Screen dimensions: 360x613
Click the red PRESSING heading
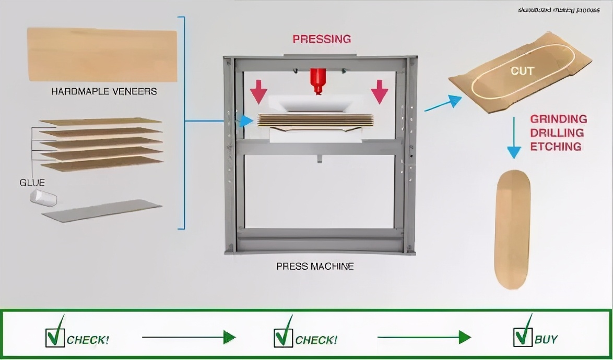[x=321, y=39]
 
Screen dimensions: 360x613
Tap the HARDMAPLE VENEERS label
[x=104, y=92]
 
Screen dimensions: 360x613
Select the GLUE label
[x=32, y=183]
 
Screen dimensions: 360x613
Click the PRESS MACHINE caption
[x=314, y=267]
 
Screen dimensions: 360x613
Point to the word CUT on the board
[x=522, y=71]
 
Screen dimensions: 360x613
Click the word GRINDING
[x=558, y=119]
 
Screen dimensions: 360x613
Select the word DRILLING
[x=557, y=133]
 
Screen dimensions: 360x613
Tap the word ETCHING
[x=556, y=147]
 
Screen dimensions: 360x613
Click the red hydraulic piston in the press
[x=317, y=80]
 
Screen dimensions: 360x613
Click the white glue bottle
[x=43, y=197]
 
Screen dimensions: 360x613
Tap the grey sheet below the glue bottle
[x=102, y=210]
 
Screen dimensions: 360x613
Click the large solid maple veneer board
[x=102, y=55]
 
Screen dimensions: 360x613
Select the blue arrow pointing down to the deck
[x=514, y=138]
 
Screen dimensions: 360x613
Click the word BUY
[x=546, y=340]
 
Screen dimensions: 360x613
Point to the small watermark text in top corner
[x=558, y=10]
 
